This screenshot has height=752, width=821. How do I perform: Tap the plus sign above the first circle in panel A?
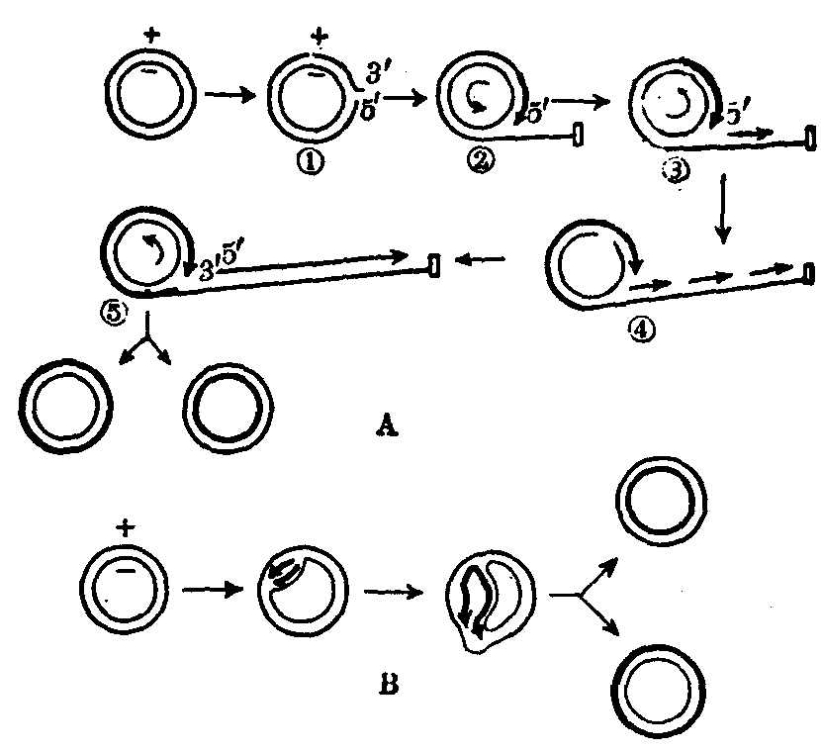(151, 37)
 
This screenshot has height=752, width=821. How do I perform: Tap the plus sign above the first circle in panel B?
(125, 526)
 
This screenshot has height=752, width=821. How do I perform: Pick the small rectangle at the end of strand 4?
(809, 272)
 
